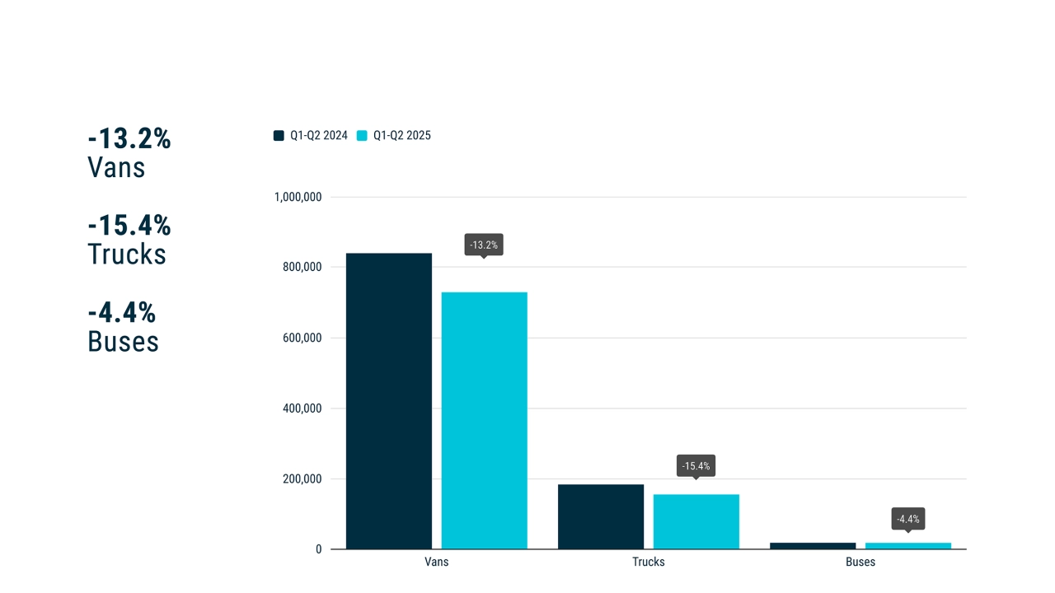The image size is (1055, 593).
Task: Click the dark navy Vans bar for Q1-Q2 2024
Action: (388, 401)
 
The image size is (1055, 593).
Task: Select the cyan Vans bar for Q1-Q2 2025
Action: (484, 420)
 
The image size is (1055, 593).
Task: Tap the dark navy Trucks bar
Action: (601, 516)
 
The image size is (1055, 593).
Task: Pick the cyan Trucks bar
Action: (696, 521)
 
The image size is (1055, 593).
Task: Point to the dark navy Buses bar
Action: (813, 545)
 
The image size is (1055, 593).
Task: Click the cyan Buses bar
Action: (908, 545)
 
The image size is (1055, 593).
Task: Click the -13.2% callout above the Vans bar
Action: (484, 245)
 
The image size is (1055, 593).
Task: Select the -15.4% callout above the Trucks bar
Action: (696, 466)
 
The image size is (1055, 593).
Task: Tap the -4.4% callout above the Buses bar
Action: (908, 519)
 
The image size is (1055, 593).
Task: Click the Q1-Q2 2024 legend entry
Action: (311, 136)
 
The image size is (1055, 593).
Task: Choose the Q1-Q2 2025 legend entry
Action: (394, 136)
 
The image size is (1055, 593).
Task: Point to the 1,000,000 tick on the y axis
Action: (297, 198)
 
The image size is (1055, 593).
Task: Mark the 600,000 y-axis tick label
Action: (302, 338)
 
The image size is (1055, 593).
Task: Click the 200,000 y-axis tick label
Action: (302, 479)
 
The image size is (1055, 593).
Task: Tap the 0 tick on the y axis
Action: (318, 549)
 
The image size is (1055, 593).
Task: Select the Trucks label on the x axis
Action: (649, 563)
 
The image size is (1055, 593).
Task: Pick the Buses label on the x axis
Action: (860, 563)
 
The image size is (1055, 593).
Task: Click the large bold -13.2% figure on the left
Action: (129, 139)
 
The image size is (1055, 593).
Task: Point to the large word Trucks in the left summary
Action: (127, 254)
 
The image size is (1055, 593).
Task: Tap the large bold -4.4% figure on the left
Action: (122, 313)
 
